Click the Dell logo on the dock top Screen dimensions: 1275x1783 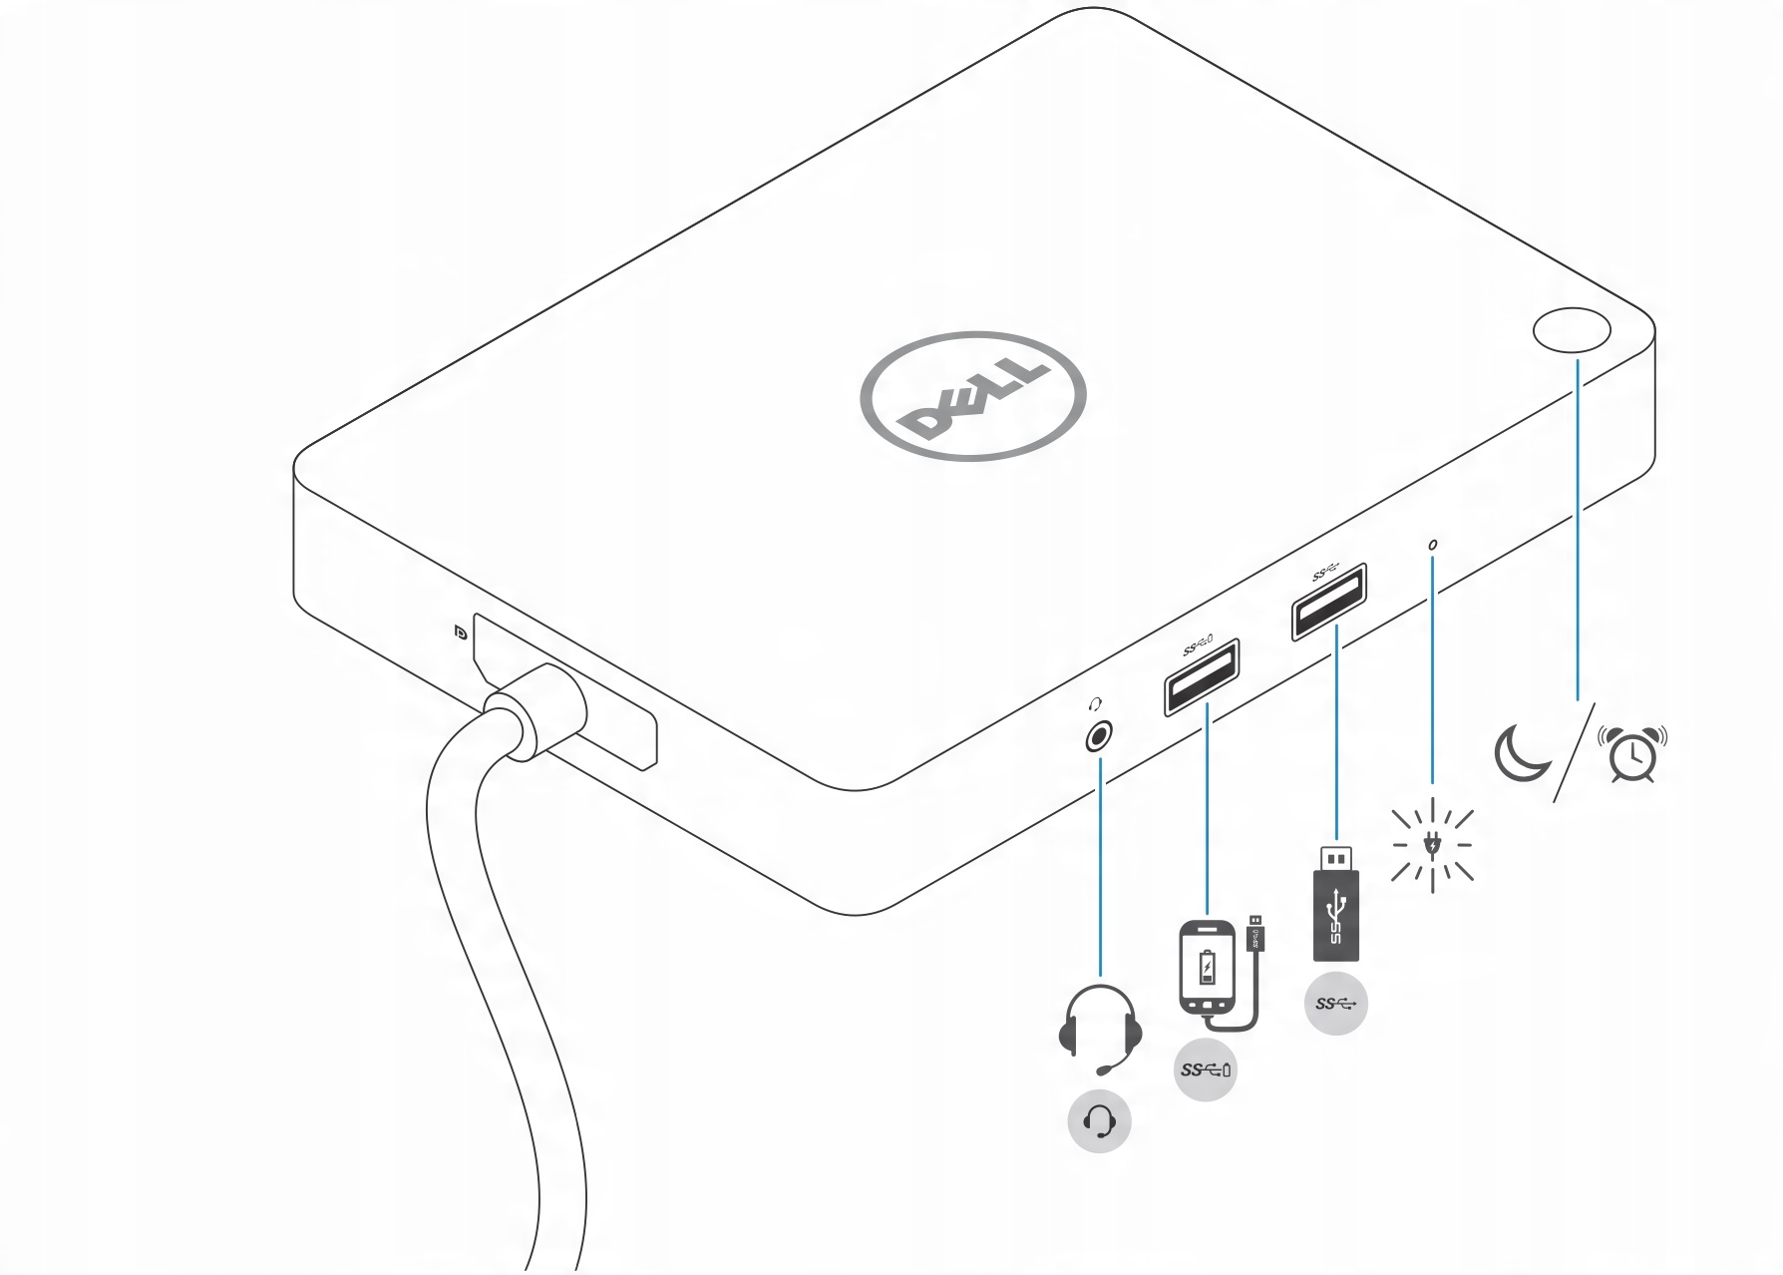972,396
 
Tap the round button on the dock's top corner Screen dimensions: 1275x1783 1572,330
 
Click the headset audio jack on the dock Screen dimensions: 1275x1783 1099,737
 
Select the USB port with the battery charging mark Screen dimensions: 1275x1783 1202,677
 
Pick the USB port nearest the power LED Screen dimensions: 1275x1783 1329,602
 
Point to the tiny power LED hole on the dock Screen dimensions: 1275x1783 1433,546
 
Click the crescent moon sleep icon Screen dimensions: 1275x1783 1521,753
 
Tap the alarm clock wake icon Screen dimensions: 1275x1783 1632,754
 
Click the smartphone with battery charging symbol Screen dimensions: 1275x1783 1207,967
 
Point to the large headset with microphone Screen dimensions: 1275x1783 1100,1029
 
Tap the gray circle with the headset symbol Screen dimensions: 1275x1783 1099,1122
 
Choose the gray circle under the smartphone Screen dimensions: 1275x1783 1206,1070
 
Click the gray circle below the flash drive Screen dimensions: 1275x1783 1335,1003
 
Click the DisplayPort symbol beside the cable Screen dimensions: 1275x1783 460,632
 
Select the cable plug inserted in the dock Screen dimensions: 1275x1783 538,710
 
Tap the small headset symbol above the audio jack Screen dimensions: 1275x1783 1097,704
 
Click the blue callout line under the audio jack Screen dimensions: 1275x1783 1100,868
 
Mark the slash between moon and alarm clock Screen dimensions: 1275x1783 1575,753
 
